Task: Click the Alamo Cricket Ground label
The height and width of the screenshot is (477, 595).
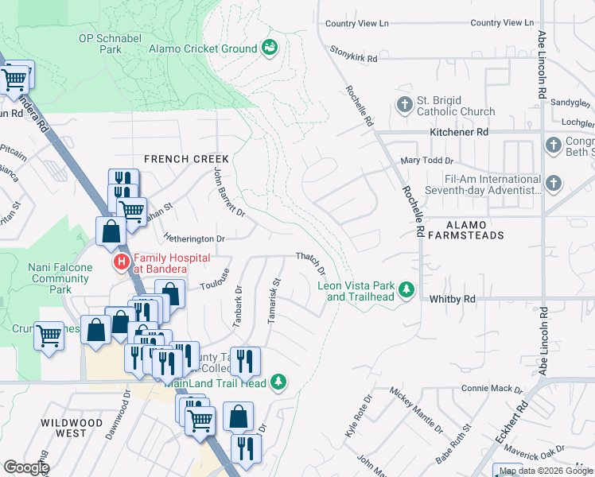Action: click(x=203, y=48)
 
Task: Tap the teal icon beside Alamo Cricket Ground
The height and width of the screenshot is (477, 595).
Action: click(x=270, y=48)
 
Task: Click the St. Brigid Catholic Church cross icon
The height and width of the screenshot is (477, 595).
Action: click(x=404, y=105)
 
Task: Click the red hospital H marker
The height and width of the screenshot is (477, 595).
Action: click(x=121, y=262)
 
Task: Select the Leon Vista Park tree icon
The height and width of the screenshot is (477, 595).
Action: click(x=406, y=289)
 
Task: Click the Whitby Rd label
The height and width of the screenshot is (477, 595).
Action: click(x=452, y=299)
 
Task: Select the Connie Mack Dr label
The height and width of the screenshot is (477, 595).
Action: click(x=492, y=390)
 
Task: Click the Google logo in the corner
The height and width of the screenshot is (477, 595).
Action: click(x=26, y=467)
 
